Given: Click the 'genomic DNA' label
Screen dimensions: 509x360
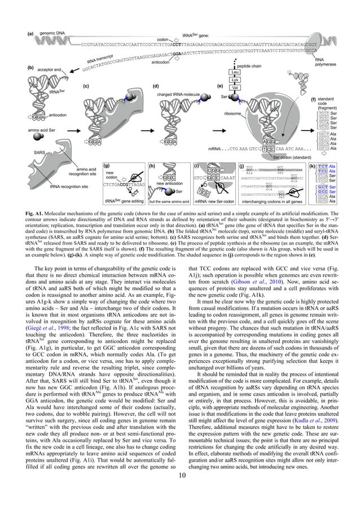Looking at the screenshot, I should pyautogui.click(x=54, y=34).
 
